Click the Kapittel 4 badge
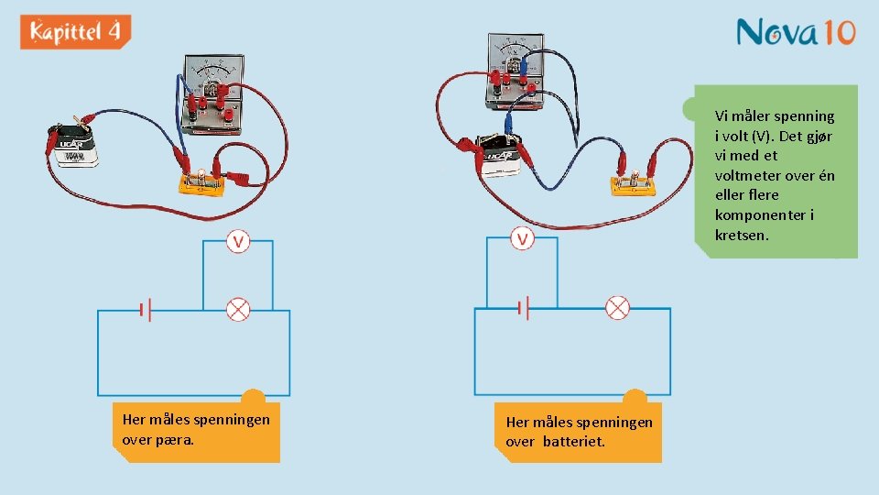pyautogui.click(x=75, y=33)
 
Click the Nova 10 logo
pyautogui.click(x=795, y=33)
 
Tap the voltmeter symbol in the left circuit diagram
pyautogui.click(x=238, y=242)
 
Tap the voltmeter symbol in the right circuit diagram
pyautogui.click(x=522, y=239)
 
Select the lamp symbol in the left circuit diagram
pyautogui.click(x=238, y=310)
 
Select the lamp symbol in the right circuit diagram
pyautogui.click(x=618, y=308)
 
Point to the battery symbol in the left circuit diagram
pyautogui.click(x=145, y=311)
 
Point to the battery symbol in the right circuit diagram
pyautogui.click(x=523, y=308)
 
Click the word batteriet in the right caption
pyautogui.click(x=580, y=442)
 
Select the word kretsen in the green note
pyautogui.click(x=742, y=235)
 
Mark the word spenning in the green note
pyautogui.click(x=804, y=116)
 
